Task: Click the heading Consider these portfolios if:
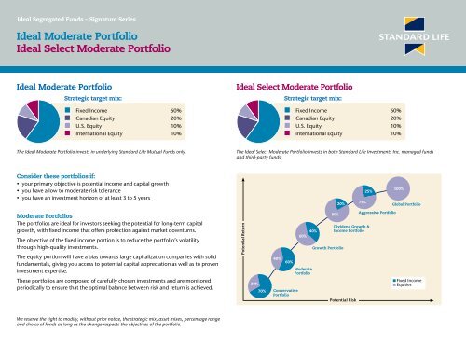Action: click(61, 174)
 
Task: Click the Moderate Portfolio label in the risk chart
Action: click(308, 271)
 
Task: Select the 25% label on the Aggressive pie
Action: click(369, 191)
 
